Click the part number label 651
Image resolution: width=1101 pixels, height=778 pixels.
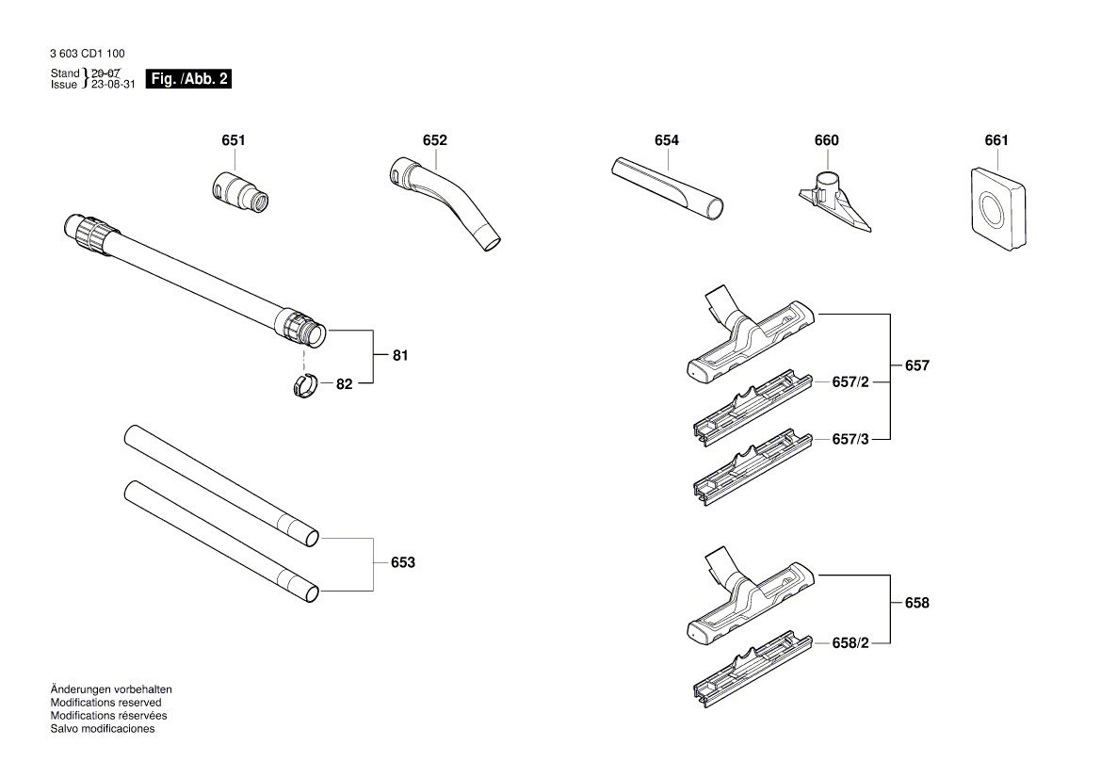(234, 140)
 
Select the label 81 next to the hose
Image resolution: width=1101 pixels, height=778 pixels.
(400, 356)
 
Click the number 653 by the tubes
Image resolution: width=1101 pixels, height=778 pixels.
(402, 562)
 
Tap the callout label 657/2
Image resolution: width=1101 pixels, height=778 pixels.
(850, 382)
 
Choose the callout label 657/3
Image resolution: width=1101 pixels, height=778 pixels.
(850, 439)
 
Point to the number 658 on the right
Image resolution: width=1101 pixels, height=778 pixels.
(916, 603)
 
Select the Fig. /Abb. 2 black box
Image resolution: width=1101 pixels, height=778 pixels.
(189, 79)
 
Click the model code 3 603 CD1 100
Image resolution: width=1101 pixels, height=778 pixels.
(87, 55)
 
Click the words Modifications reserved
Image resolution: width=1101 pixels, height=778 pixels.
(105, 703)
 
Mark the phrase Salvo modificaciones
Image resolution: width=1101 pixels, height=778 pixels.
(102, 729)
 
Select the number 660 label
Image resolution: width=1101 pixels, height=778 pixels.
(826, 140)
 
